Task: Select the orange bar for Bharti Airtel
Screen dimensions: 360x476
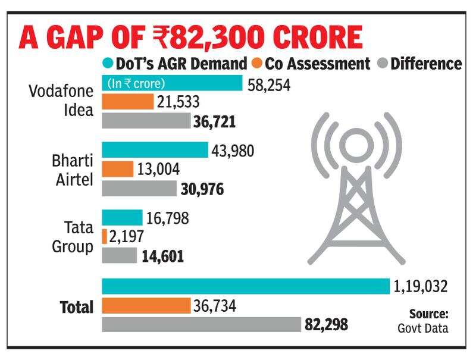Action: (x=118, y=170)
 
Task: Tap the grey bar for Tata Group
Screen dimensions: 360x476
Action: (x=120, y=256)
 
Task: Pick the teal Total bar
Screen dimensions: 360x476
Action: (x=246, y=287)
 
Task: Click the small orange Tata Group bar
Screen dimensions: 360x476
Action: (x=105, y=237)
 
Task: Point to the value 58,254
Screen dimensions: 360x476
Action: (x=268, y=84)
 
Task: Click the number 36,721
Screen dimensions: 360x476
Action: (x=215, y=122)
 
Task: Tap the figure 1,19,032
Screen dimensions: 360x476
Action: (x=420, y=287)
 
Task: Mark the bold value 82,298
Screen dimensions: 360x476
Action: (x=326, y=325)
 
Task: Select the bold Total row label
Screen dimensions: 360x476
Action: (x=77, y=307)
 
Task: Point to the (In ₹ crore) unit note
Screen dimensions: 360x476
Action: (x=136, y=84)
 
